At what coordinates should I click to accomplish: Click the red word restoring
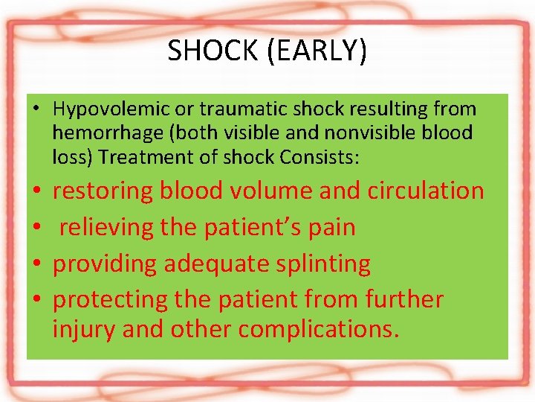pyautogui.click(x=102, y=191)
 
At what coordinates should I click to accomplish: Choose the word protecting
pyautogui.click(x=111, y=300)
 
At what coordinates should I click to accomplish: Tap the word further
pyautogui.click(x=403, y=299)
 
